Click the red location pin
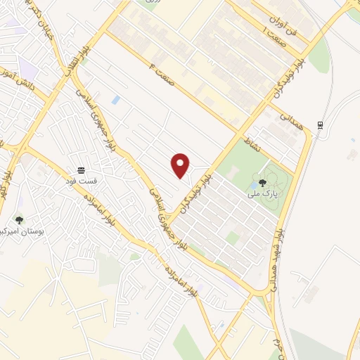point(181,165)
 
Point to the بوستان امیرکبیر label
point(19,231)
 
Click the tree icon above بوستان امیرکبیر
point(19,221)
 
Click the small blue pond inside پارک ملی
point(252,186)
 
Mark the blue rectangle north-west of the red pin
point(116,101)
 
